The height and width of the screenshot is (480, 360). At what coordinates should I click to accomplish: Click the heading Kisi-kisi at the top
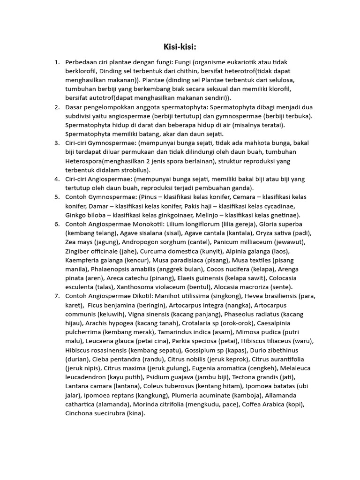[180, 46]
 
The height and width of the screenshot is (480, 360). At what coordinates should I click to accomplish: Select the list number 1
[57, 62]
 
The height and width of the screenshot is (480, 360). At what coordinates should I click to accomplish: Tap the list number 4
[57, 179]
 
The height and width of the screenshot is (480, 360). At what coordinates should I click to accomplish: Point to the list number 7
[57, 296]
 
